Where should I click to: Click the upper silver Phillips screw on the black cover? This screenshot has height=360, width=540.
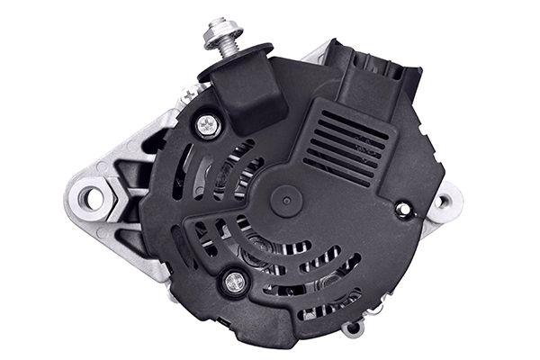pyautogui.click(x=209, y=126)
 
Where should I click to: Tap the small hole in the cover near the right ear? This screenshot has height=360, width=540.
pyautogui.click(x=402, y=209)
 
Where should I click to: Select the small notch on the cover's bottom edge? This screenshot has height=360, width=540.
pyautogui.click(x=219, y=319)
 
